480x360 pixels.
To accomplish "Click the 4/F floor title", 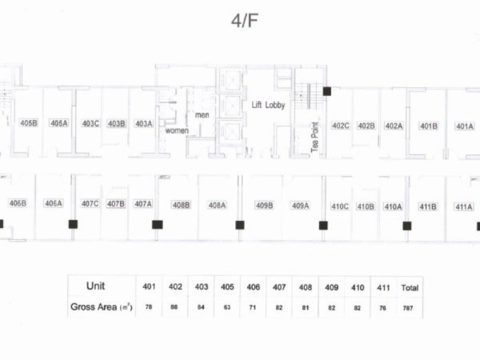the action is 244,21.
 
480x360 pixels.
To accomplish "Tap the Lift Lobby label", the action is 268,105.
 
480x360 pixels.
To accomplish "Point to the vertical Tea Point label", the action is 314,137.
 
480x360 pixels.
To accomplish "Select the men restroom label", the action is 202,115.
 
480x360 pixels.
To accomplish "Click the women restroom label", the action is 177,131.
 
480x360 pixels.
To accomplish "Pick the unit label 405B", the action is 29,123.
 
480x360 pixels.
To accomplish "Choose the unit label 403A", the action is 144,124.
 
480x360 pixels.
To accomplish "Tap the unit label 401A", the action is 464,126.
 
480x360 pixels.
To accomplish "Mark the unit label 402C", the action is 341,125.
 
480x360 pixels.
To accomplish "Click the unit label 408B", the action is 181,205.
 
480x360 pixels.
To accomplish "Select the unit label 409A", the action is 301,206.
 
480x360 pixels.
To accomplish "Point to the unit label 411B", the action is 428,207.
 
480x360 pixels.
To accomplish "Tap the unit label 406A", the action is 53,203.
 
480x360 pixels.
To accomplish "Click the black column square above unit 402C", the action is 327,91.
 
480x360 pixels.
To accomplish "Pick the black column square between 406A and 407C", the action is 73,224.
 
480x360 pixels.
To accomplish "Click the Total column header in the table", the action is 410,288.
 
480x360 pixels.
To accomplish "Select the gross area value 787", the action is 408,308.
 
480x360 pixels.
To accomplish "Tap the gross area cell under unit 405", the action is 227,307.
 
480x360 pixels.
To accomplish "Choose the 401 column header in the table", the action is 149,287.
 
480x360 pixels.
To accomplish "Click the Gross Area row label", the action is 101,307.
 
